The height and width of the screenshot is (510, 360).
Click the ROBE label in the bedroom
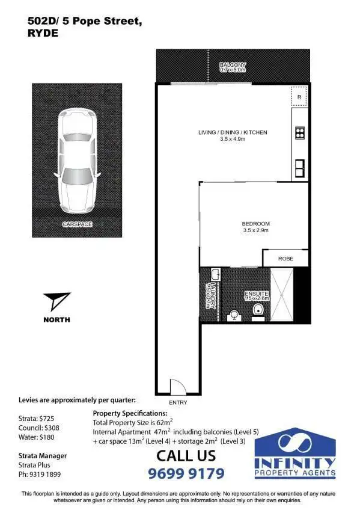click(285, 258)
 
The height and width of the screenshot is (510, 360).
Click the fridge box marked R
click(299, 97)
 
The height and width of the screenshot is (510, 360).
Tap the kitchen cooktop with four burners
click(300, 134)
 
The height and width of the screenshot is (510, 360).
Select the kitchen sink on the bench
click(299, 165)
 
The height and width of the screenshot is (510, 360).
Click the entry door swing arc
click(178, 386)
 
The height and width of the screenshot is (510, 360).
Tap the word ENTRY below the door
click(178, 402)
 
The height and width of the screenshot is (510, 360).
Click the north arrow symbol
click(58, 303)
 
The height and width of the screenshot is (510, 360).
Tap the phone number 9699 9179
click(186, 473)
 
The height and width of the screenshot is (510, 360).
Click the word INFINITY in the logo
click(294, 462)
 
